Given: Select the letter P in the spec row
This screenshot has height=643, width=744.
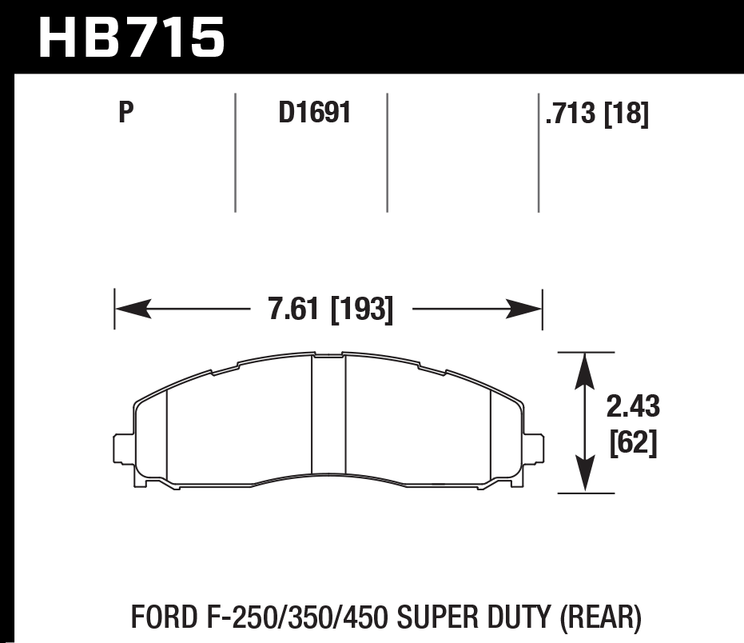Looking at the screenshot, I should [x=125, y=114].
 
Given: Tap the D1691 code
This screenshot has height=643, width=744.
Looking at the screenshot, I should [x=315, y=114].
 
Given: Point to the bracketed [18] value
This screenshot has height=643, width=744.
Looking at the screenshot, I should [x=626, y=115].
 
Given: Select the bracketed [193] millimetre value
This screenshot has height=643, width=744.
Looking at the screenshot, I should [x=362, y=310].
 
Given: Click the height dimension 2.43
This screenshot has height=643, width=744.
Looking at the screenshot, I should [x=633, y=407].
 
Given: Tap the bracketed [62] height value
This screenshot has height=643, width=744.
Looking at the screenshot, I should [x=633, y=443].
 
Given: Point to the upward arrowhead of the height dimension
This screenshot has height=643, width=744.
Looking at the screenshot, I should [x=586, y=369].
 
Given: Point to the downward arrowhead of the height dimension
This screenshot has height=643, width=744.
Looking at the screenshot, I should [x=586, y=477].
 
